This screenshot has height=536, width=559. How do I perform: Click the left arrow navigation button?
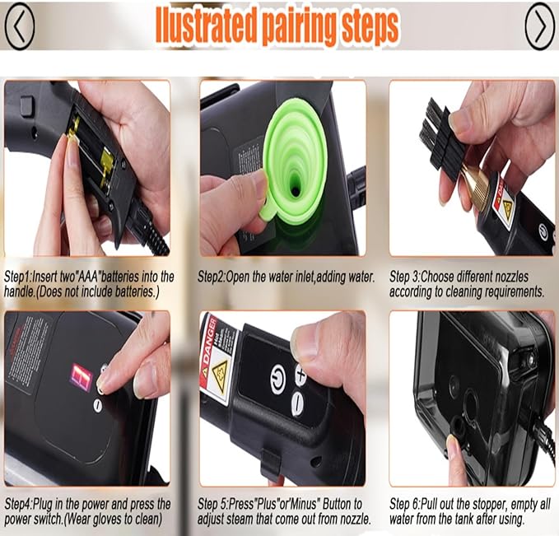pyautogui.click(x=20, y=26)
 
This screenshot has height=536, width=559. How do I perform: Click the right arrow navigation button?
pyautogui.click(x=539, y=26)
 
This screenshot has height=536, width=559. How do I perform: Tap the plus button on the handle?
pyautogui.click(x=300, y=376)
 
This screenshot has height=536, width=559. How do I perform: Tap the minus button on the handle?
pyautogui.click(x=296, y=402)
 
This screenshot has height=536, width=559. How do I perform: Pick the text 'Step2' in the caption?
pyautogui.click(x=215, y=277)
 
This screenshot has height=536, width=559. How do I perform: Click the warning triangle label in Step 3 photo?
pyautogui.click(x=507, y=210)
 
